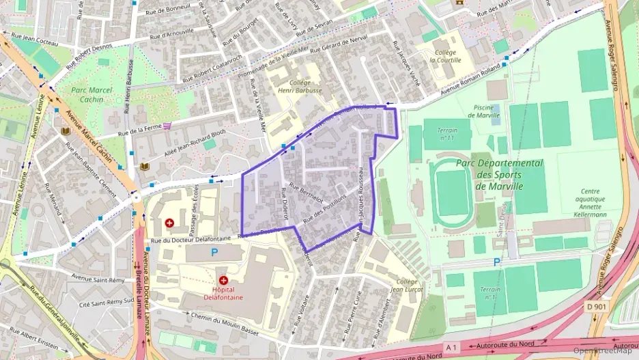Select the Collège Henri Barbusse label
[299, 86]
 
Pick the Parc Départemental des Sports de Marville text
[500, 174]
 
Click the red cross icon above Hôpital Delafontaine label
[223, 280]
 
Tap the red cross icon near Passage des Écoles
[169, 223]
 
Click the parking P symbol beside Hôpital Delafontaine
[214, 252]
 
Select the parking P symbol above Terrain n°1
[496, 262]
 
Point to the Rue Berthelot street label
[306, 194]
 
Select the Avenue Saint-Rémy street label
[98, 278]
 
